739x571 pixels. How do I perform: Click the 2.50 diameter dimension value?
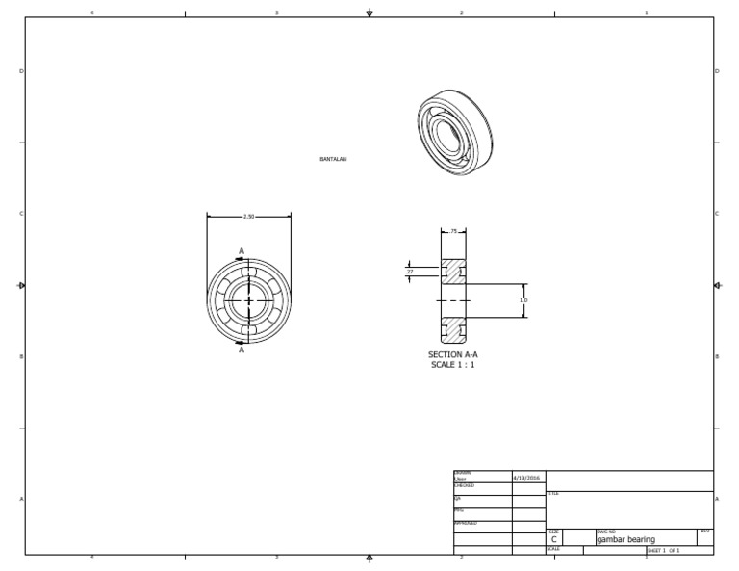pos(248,217)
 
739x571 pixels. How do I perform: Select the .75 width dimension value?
pos(453,232)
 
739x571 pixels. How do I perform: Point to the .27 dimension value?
pos(410,273)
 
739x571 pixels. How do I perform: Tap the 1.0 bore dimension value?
pos(523,300)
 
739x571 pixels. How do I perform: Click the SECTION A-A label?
pos(452,354)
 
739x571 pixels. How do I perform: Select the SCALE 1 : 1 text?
pos(452,365)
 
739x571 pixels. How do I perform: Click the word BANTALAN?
pos(333,159)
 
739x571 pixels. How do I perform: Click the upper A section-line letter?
pos(242,251)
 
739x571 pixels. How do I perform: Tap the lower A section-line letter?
pos(242,350)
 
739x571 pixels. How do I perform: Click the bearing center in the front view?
pos(249,301)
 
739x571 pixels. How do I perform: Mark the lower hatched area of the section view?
pos(453,330)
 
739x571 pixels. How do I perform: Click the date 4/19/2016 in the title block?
pos(527,478)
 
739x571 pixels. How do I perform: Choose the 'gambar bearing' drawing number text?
pos(625,540)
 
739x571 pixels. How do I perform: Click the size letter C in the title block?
pos(554,540)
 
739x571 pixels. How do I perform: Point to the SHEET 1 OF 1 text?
pos(664,551)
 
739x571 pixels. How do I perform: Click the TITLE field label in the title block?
pos(552,493)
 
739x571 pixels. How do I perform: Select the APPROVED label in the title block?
pos(465,523)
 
